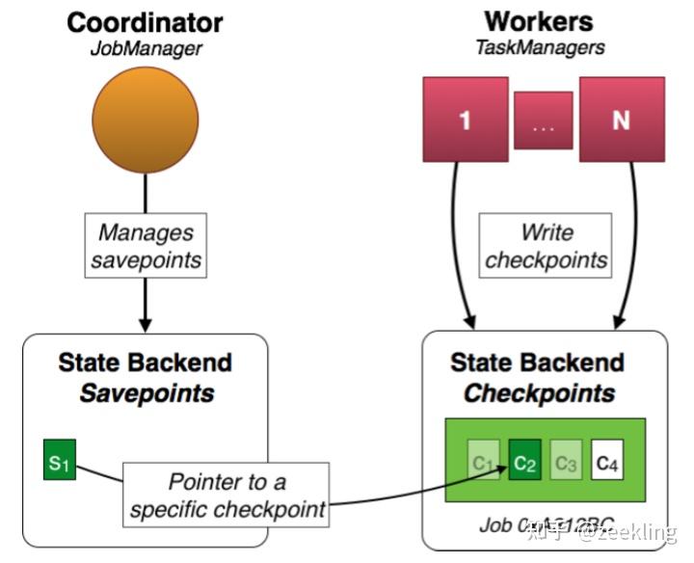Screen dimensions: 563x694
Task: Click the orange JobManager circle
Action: click(x=145, y=122)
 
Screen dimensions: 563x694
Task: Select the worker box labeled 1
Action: click(x=466, y=121)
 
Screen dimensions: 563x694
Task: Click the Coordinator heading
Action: click(x=145, y=21)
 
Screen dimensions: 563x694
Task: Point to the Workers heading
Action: click(x=538, y=20)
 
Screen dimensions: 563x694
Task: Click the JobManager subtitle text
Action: click(x=144, y=48)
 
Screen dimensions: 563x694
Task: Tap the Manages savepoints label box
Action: click(x=146, y=247)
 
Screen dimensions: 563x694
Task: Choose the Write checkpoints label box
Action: click(x=547, y=247)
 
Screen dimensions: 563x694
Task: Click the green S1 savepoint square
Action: click(x=60, y=460)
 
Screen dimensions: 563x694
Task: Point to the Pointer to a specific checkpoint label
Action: click(x=227, y=495)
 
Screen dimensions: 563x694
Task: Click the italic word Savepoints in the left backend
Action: click(x=147, y=392)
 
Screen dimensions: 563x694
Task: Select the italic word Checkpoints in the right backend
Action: click(x=539, y=392)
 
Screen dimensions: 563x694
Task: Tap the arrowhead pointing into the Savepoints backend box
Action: click(x=145, y=325)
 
